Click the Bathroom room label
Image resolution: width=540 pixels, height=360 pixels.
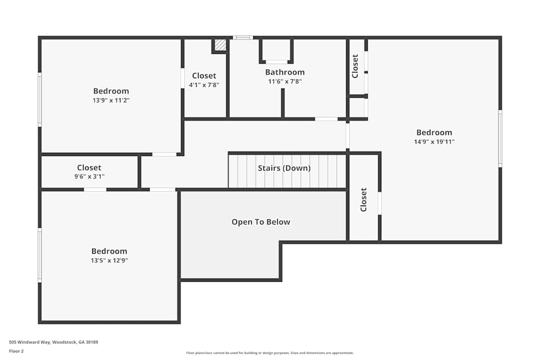click(x=285, y=72)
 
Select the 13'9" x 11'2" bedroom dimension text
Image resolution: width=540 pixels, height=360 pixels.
click(x=111, y=100)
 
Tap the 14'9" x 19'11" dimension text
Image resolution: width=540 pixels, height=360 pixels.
click(x=434, y=142)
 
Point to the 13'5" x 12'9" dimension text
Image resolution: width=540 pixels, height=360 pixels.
click(x=109, y=260)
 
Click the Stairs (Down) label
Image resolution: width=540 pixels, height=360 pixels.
click(x=284, y=168)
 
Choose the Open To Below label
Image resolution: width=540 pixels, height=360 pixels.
click(x=261, y=222)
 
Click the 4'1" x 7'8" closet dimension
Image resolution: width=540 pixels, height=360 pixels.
click(x=204, y=85)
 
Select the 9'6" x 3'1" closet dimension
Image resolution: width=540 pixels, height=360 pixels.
click(x=89, y=176)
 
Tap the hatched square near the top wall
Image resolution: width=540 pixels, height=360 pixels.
click(x=220, y=45)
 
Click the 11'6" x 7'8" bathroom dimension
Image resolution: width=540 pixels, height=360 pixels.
click(x=285, y=81)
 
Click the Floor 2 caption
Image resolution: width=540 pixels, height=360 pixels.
click(x=16, y=351)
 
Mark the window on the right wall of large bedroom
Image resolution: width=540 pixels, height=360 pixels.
click(x=500, y=138)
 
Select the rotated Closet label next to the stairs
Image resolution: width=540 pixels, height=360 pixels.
click(x=363, y=200)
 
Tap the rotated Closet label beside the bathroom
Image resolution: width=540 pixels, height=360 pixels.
click(x=355, y=66)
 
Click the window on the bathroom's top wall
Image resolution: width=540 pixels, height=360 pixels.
click(x=243, y=37)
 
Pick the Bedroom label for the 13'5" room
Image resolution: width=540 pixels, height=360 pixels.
click(x=109, y=251)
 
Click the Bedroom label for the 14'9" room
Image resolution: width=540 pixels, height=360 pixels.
click(x=434, y=132)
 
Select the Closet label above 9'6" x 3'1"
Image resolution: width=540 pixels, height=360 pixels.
click(x=89, y=168)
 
